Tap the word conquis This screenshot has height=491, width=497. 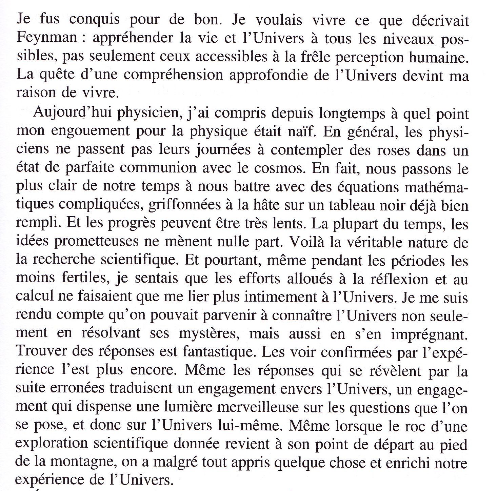(94, 20)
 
